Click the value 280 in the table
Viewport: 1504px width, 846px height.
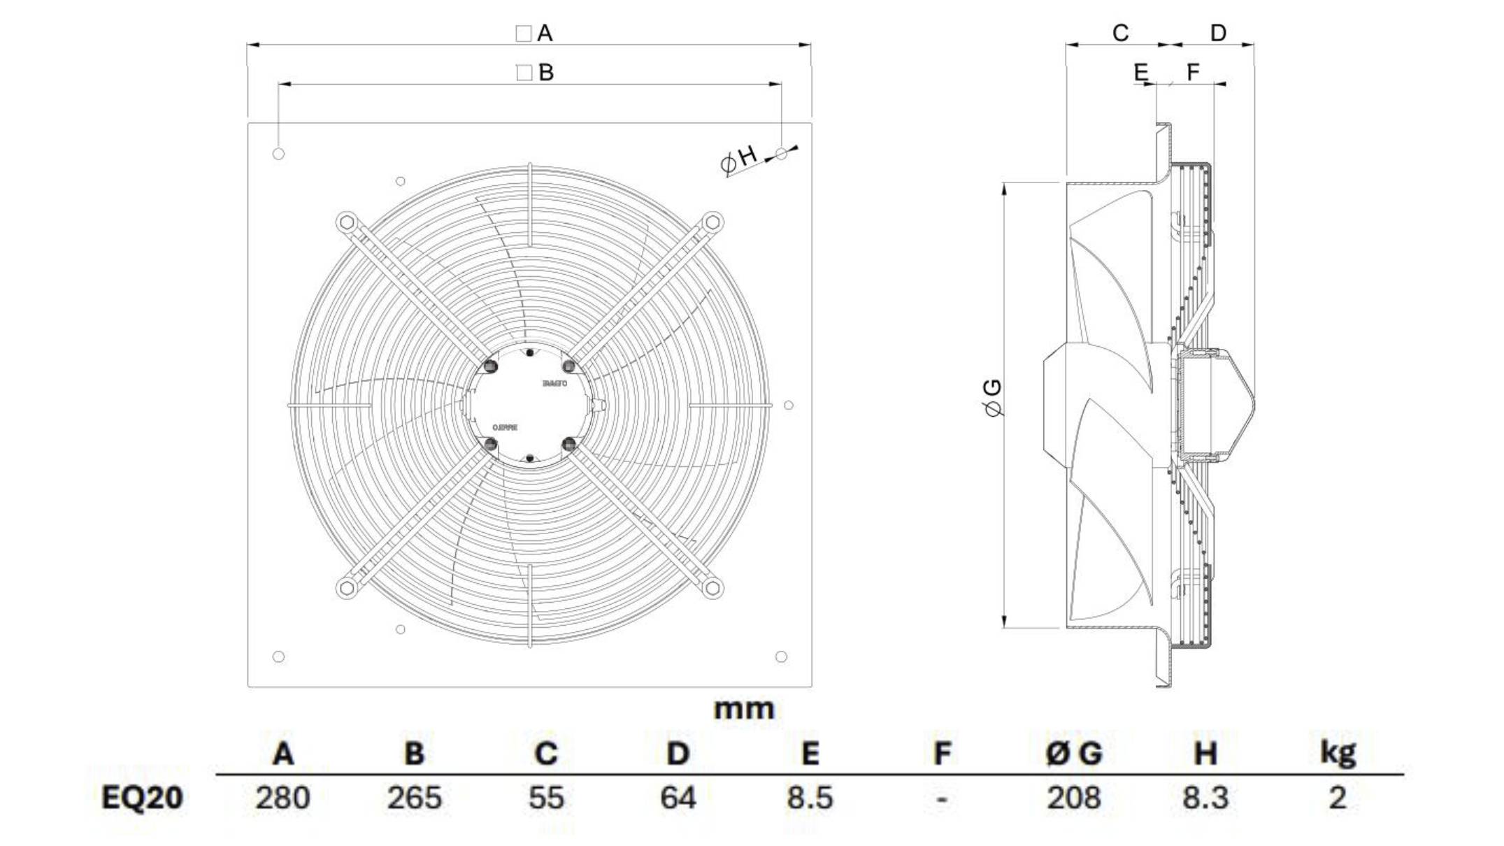click(x=282, y=798)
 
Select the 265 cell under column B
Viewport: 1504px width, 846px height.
click(x=414, y=798)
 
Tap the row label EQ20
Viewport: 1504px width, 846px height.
click(x=142, y=798)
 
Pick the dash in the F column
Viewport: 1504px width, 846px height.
click(x=941, y=798)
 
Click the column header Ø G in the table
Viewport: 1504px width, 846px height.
click(x=1073, y=754)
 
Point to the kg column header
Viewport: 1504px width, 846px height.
click(x=1337, y=752)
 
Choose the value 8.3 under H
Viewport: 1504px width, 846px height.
click(x=1205, y=798)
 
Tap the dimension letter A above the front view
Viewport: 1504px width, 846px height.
click(x=545, y=33)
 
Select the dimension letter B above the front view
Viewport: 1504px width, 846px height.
click(x=546, y=72)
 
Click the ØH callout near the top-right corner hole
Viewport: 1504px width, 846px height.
click(x=739, y=159)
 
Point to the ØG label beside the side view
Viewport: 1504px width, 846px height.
click(x=992, y=398)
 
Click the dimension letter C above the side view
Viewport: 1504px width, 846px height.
click(x=1120, y=33)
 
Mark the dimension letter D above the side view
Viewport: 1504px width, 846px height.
click(x=1218, y=33)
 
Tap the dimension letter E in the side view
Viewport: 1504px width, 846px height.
click(x=1140, y=72)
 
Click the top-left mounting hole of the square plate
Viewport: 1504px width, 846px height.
click(x=278, y=154)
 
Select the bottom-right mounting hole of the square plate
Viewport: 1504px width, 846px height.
click(x=781, y=657)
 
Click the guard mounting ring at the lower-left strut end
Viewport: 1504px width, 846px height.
click(x=346, y=587)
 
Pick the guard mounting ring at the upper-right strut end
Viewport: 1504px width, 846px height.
click(x=712, y=223)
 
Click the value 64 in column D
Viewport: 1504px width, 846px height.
click(x=678, y=798)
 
